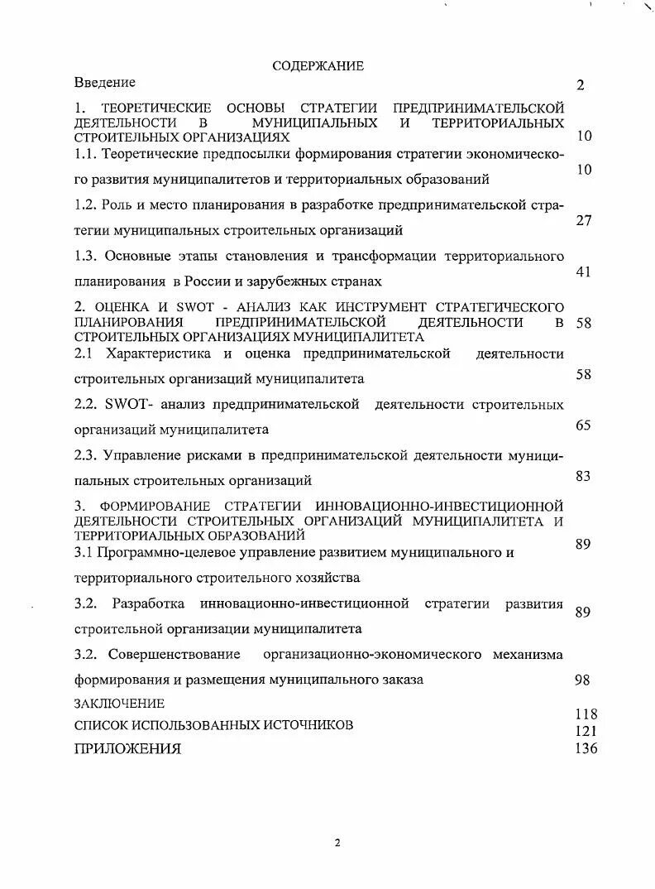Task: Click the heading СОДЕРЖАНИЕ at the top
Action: (318, 66)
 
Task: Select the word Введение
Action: (105, 83)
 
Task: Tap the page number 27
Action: (583, 221)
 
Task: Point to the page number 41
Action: (583, 272)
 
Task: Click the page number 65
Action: (583, 425)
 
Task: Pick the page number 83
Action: (583, 476)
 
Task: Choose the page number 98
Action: (581, 680)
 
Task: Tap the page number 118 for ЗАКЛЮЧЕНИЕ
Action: (586, 714)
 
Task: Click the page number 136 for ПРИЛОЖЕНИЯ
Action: (586, 748)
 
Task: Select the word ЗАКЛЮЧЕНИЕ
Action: (119, 704)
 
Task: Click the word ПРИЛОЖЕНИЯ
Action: (127, 749)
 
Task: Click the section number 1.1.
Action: (86, 154)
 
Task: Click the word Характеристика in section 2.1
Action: (157, 353)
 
